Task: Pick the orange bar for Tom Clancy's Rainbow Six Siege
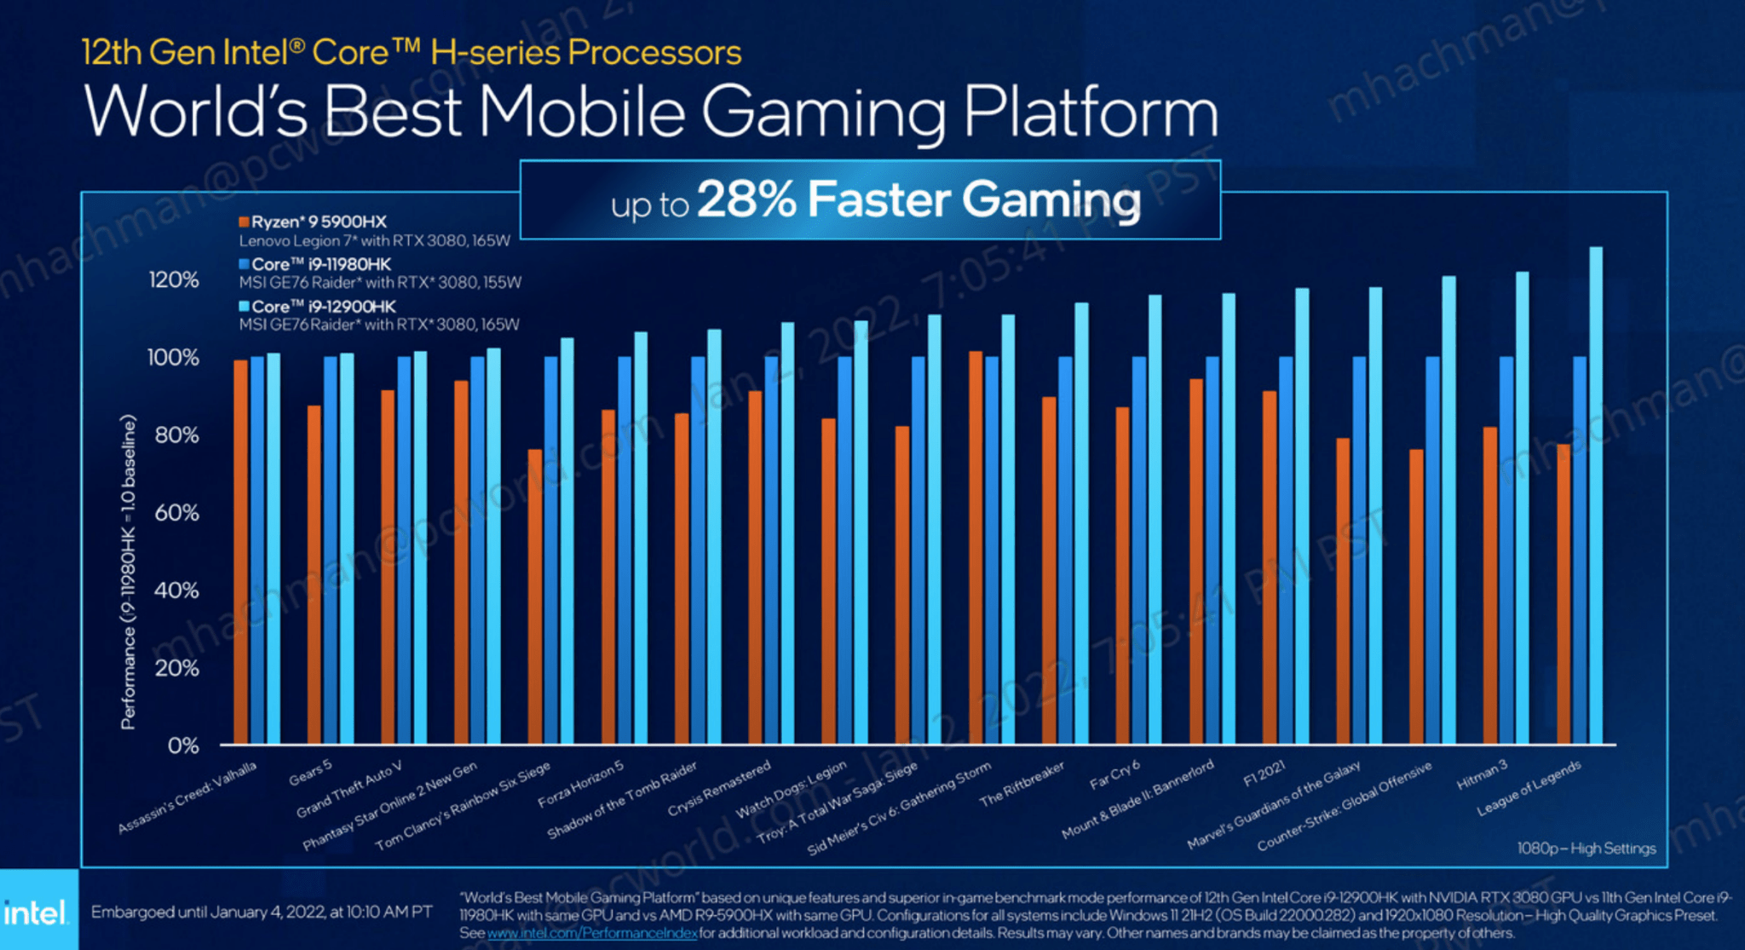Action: pos(534,596)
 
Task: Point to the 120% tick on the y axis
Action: pos(174,279)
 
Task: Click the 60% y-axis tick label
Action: pos(176,513)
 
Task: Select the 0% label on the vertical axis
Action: pos(183,746)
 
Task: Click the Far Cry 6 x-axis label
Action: pos(1114,774)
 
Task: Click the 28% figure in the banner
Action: pos(746,199)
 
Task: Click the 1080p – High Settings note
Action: pos(1586,849)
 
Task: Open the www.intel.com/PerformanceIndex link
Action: pos(591,934)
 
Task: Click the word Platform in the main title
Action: pos(1091,112)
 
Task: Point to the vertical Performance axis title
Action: pos(129,572)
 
